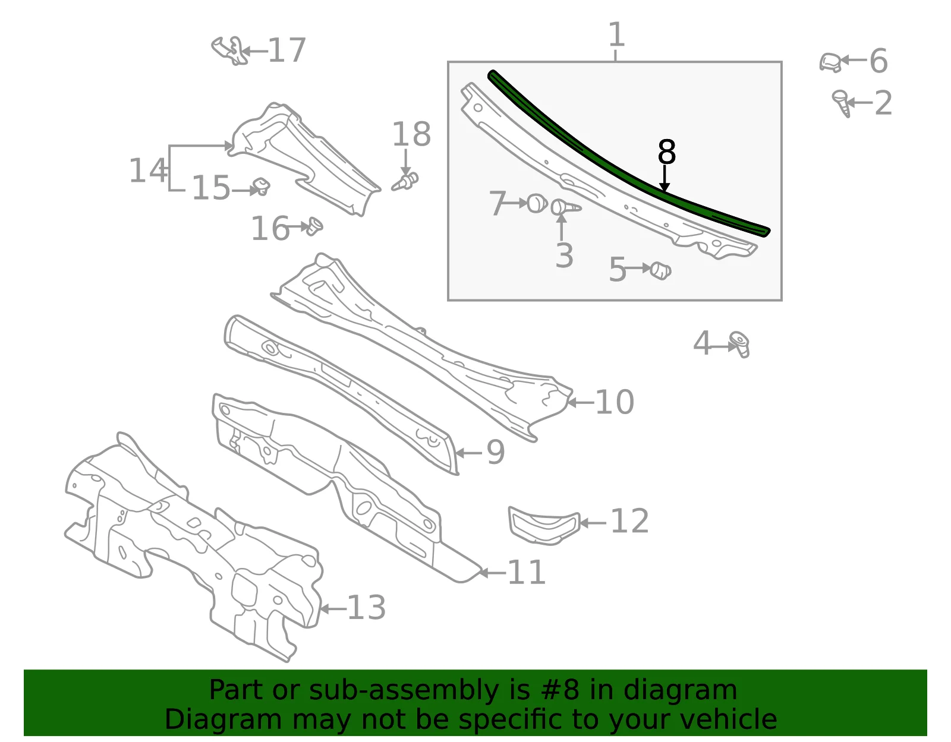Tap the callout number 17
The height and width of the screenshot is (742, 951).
tap(286, 50)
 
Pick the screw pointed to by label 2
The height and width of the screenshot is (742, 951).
tap(842, 103)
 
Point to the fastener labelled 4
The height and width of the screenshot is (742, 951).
tap(739, 344)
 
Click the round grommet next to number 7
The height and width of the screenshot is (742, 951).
tap(537, 204)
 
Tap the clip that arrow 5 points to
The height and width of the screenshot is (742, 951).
tap(660, 270)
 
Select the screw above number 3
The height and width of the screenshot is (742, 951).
tap(566, 207)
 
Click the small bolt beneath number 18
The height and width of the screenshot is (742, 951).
tap(405, 182)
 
